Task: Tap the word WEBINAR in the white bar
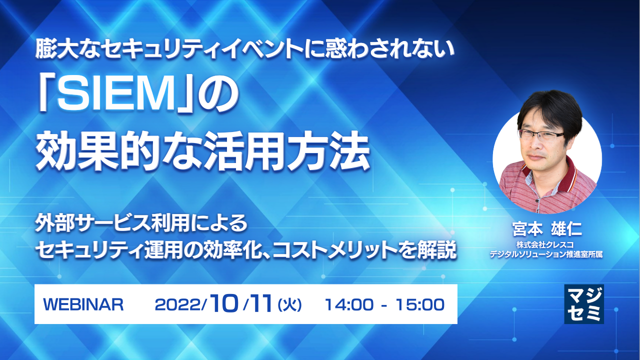coord(83,304)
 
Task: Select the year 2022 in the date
coord(177,304)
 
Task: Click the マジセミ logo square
coord(583,304)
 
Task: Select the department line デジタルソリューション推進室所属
coord(546,254)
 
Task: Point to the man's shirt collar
coord(565,177)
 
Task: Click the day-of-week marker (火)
coord(289,304)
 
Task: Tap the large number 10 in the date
coord(222,303)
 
